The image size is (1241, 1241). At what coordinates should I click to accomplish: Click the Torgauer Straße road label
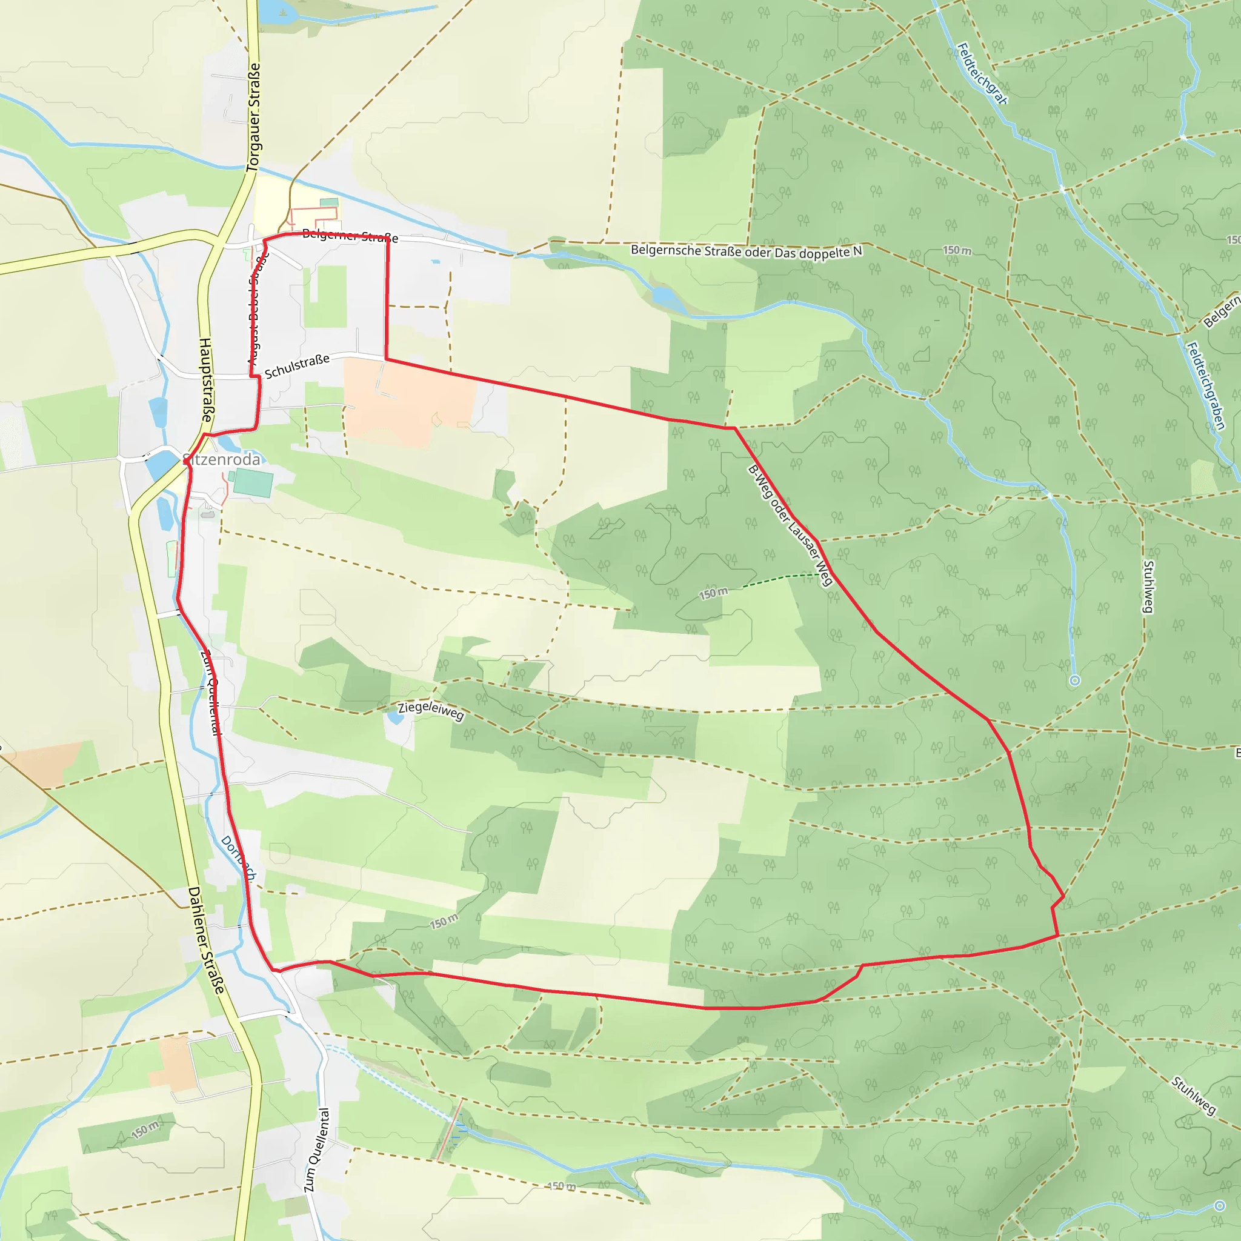[255, 117]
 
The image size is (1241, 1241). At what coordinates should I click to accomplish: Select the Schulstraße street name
[297, 365]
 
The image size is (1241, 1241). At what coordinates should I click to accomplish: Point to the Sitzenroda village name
[222, 460]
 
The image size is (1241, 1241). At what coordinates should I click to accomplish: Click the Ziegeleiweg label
[430, 710]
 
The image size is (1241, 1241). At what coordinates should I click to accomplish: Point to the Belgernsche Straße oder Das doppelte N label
[746, 251]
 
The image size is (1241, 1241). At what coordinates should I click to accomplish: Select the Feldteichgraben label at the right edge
[1206, 385]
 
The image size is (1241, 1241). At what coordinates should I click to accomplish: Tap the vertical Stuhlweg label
[1148, 587]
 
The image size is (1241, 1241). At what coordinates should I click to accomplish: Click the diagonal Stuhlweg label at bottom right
[1194, 1095]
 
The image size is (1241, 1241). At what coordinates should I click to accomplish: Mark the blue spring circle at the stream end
[1074, 680]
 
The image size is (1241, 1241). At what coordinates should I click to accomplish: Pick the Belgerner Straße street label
[350, 236]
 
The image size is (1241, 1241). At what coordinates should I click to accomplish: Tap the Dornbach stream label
[238, 857]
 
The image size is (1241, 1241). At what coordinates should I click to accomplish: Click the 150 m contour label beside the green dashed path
[714, 593]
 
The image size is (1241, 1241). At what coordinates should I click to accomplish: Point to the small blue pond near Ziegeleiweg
[394, 717]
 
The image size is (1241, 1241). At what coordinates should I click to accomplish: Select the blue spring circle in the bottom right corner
[1220, 1206]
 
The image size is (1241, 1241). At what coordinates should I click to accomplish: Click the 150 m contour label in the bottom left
[146, 1130]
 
